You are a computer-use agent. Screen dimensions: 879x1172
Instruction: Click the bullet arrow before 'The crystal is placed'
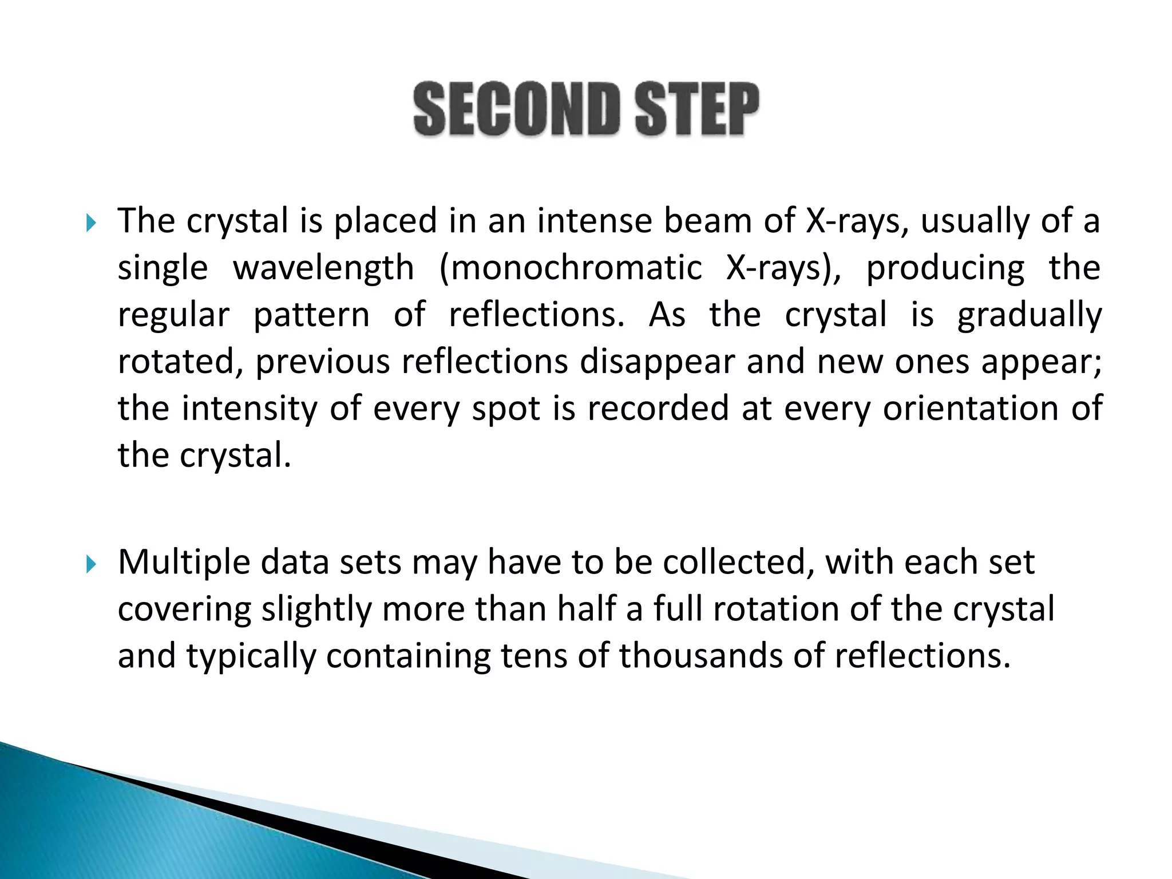[x=91, y=223]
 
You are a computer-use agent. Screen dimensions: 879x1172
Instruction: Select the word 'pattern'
[x=311, y=316]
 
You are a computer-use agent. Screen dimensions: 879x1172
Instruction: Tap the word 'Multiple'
[x=184, y=563]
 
